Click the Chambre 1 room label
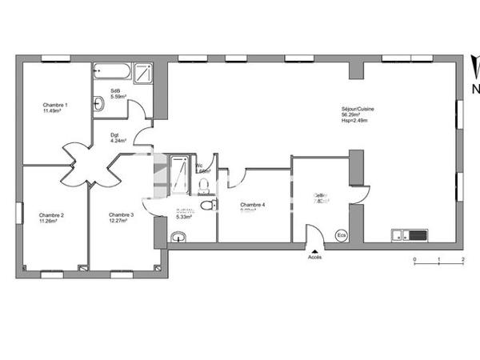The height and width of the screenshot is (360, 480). tap(55, 105)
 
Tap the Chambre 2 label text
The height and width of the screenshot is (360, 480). tap(51, 214)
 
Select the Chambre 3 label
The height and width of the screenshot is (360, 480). tap(121, 214)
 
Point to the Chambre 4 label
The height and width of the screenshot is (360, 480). tap(252, 205)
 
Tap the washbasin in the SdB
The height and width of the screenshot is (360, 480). tap(98, 102)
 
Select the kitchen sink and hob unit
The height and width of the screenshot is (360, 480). tap(408, 235)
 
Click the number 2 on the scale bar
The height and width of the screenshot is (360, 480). tap(463, 262)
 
